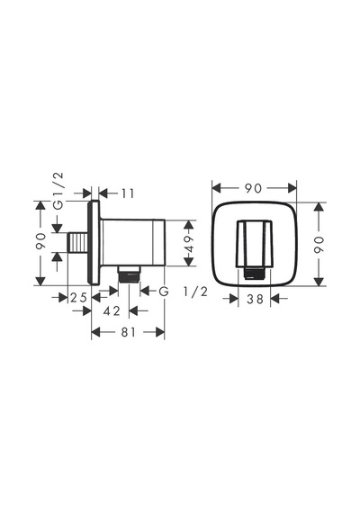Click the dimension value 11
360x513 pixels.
click(x=128, y=193)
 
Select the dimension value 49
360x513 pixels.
click(x=189, y=243)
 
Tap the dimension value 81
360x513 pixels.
click(x=128, y=332)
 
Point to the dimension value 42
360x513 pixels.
click(x=112, y=310)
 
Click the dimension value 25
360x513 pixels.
click(x=79, y=298)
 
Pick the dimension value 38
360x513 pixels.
click(x=255, y=299)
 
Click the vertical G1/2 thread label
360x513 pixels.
click(x=58, y=191)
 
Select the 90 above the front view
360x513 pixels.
click(x=254, y=188)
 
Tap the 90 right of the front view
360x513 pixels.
click(x=319, y=245)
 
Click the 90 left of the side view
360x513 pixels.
click(x=40, y=241)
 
